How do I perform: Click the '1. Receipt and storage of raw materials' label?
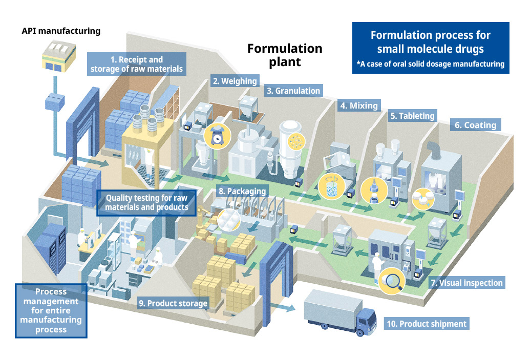(x=137, y=64)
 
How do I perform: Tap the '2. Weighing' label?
(x=235, y=81)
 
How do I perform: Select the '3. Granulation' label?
(x=293, y=91)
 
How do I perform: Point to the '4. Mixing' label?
(x=359, y=106)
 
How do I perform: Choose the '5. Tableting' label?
(x=412, y=116)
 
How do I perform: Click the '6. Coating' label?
(x=476, y=125)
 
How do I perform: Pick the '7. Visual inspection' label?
(x=466, y=282)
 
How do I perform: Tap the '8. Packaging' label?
(x=243, y=192)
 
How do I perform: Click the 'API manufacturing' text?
(x=61, y=31)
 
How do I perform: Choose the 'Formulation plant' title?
(x=285, y=55)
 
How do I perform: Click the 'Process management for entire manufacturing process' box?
(x=51, y=310)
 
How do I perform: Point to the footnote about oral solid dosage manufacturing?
(x=431, y=64)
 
